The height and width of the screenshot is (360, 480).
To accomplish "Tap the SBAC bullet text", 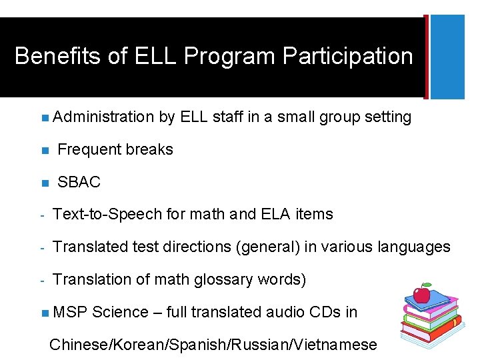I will [x=79, y=182].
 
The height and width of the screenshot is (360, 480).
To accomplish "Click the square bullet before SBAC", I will [x=43, y=183].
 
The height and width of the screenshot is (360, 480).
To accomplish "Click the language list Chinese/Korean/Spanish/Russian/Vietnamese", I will [x=213, y=345].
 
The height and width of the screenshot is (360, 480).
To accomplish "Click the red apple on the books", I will [x=421, y=293].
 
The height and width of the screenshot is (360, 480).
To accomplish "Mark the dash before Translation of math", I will [x=41, y=280].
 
